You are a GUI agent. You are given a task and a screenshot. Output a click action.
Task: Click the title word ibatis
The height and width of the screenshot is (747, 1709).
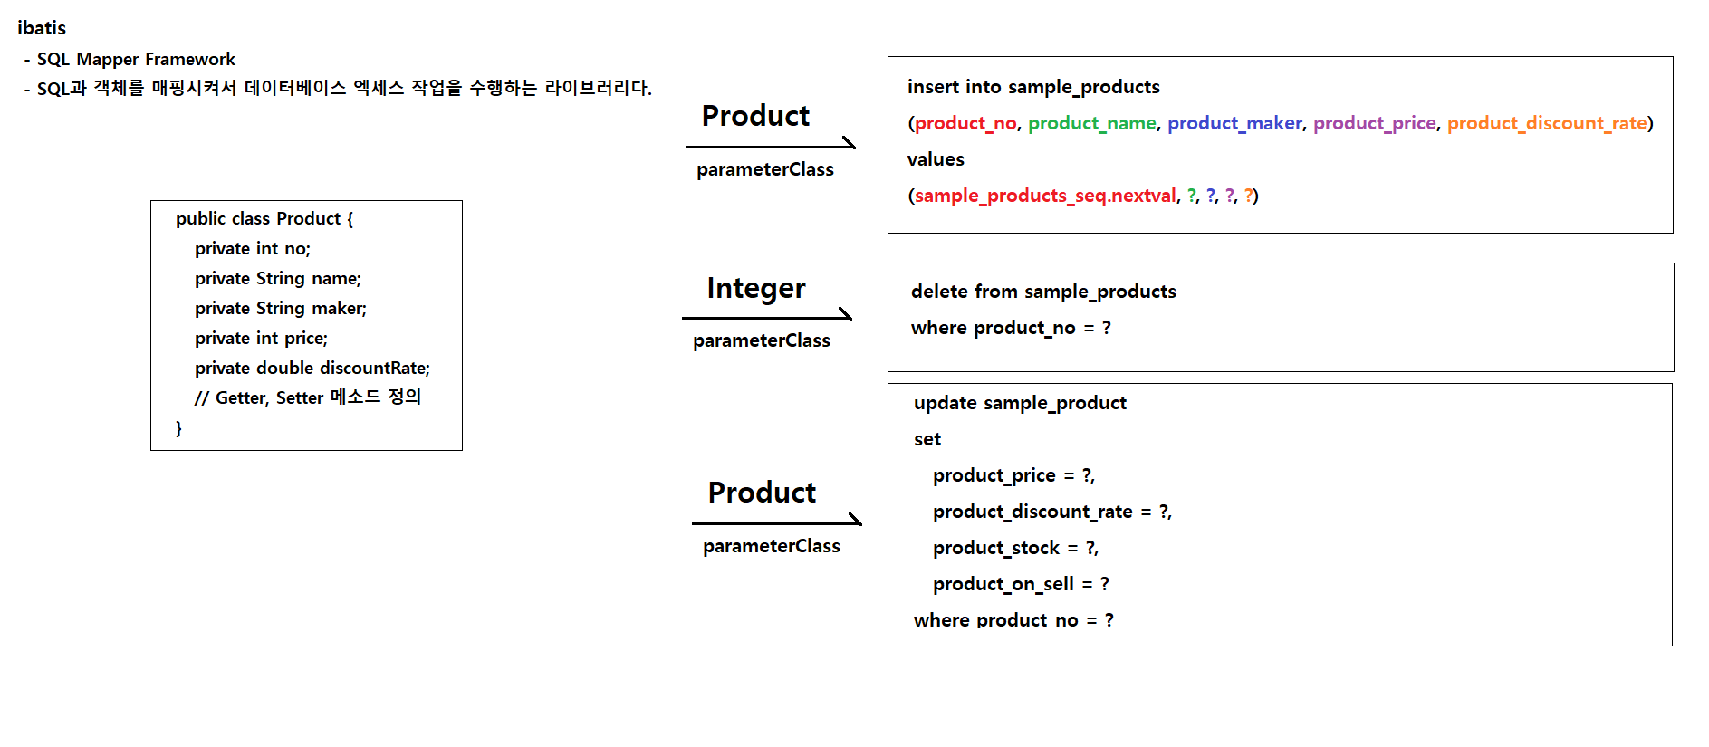[x=42, y=28]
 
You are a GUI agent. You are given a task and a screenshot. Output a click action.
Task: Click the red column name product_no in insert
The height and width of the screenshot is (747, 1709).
[x=965, y=123]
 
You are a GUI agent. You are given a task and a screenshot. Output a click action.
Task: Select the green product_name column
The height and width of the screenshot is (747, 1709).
[x=1091, y=123]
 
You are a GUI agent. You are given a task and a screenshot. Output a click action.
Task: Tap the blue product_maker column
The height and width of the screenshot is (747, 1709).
[x=1234, y=123]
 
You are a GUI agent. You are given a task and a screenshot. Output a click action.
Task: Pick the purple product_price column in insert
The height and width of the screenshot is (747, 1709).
[x=1374, y=123]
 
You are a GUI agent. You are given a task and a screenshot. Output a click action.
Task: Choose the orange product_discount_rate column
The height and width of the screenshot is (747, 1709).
[x=1546, y=123]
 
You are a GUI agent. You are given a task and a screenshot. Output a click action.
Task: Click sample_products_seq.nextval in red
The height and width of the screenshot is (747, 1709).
[x=1045, y=196]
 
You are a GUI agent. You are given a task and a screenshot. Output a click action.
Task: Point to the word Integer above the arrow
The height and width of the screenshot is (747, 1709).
[x=755, y=288]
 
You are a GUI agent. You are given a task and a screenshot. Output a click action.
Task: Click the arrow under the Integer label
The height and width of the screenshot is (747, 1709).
[x=767, y=317]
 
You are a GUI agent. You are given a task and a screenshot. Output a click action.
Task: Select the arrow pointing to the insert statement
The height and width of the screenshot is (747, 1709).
[x=771, y=146]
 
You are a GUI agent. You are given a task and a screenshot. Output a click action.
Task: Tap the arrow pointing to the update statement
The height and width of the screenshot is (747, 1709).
[x=777, y=522]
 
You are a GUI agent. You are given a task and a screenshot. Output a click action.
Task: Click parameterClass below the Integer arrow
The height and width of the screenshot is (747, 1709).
[x=761, y=340]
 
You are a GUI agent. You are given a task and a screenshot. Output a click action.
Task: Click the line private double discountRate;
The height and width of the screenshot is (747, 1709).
[x=312, y=368]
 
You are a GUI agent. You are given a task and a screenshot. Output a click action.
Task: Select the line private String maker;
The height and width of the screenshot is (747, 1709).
[x=280, y=308]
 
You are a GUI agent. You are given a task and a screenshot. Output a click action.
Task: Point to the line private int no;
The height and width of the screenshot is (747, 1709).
[x=252, y=248]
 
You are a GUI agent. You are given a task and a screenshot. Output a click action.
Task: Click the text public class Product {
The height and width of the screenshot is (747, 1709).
[x=264, y=218]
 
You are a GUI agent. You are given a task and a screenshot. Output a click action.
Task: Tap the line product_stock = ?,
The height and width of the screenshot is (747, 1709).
[x=1015, y=548]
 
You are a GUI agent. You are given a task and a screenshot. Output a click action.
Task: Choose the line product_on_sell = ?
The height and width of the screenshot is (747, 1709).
[x=1021, y=584]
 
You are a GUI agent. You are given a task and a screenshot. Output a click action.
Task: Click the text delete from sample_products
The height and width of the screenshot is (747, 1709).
[x=1043, y=292]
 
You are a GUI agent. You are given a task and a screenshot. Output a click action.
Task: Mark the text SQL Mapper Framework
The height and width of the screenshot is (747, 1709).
[x=136, y=59]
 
